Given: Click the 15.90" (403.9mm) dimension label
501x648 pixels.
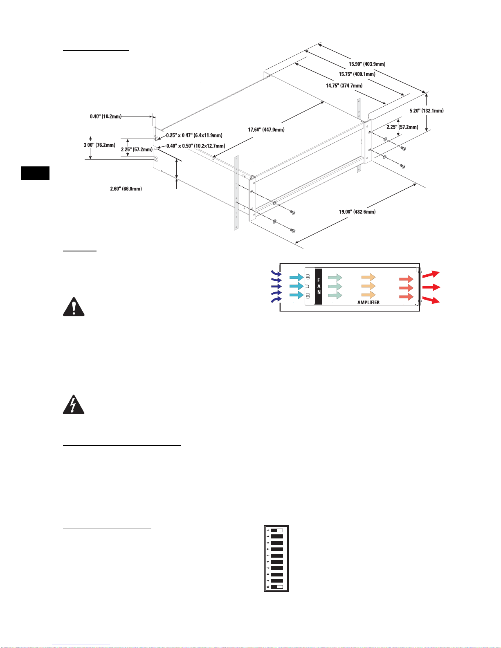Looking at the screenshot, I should [367, 64].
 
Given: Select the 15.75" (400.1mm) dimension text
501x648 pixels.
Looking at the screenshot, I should [357, 74].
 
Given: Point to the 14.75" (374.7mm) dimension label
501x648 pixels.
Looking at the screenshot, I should [344, 86].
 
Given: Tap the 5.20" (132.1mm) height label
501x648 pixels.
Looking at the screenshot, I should [427, 111].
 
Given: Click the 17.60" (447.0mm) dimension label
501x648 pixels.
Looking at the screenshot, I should [266, 130].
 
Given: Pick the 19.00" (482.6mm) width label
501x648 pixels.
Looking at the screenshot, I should [357, 212].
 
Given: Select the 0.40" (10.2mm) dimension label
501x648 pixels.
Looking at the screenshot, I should [106, 117].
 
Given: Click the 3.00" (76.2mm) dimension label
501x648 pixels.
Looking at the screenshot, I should [99, 145].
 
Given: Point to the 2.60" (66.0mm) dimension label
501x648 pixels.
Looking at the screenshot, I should [126, 189].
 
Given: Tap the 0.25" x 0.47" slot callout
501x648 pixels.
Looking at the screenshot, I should [194, 135].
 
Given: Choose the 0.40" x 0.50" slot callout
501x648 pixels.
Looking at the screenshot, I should [195, 146].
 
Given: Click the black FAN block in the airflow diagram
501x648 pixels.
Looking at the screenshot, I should [319, 287].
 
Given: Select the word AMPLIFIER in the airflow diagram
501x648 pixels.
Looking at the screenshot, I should [368, 303].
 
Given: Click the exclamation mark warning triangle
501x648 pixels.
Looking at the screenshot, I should [74, 307].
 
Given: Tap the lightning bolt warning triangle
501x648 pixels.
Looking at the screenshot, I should [74, 405].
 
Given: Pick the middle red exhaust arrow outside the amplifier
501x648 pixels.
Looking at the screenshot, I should [431, 287].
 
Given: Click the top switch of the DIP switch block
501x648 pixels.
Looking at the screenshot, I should [277, 530].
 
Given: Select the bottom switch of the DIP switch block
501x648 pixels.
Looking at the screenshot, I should [277, 587].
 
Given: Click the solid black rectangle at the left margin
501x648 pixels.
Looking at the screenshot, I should [36, 173].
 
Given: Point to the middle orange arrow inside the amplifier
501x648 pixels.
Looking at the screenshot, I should [368, 287].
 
